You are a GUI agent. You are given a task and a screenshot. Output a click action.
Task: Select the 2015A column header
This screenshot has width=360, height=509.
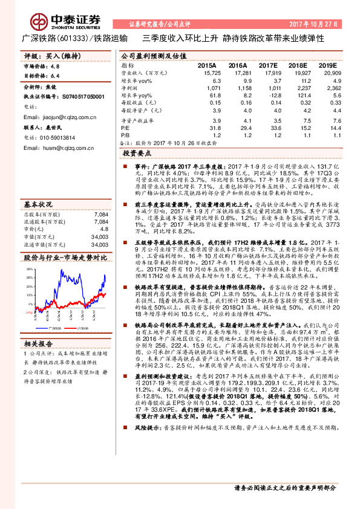coord(207,65)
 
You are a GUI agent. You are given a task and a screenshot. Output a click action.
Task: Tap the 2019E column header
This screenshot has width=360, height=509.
coord(327,65)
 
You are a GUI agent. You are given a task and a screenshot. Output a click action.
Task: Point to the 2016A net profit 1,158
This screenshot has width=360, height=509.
coord(240,88)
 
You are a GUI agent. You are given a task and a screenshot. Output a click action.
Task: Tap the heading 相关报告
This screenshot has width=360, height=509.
coord(38,343)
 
